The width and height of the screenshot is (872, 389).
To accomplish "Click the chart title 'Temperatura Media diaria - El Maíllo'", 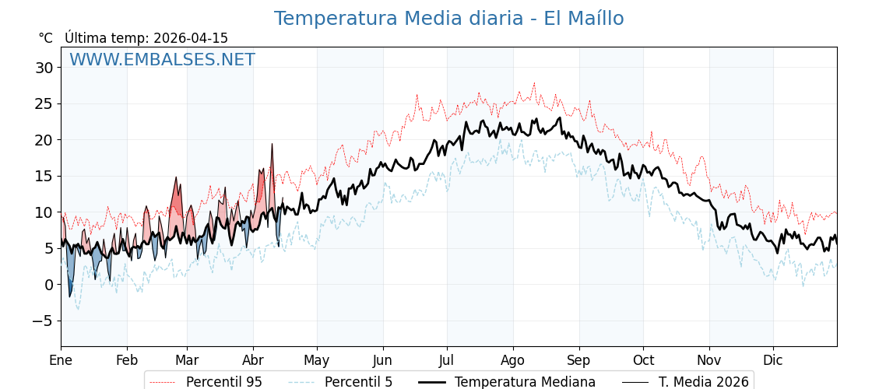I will click(x=448, y=19).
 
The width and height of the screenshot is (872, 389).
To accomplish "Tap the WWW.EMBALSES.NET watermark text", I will click(x=162, y=60).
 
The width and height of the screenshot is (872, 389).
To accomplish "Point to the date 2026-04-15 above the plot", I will click(x=191, y=38).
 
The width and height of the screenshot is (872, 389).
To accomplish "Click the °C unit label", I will click(x=46, y=38).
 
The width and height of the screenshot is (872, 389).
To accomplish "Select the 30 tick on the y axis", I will click(x=44, y=68).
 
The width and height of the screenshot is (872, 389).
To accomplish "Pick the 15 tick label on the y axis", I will click(x=44, y=176).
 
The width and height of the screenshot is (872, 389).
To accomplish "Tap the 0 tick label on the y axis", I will click(x=49, y=285).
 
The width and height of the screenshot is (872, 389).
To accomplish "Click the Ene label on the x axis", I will click(x=61, y=360).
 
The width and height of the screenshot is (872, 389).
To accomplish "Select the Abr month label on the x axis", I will click(x=253, y=360).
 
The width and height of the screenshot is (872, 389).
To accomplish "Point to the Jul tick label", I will click(x=447, y=360).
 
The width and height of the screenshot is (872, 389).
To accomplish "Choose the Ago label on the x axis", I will click(x=513, y=360).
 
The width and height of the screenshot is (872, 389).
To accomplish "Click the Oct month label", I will click(x=643, y=360).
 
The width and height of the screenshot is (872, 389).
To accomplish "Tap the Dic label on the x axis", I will click(x=773, y=360).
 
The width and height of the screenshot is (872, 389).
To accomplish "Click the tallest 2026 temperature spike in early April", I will click(x=272, y=145).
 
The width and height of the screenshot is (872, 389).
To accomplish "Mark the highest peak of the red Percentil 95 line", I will click(x=534, y=83).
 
